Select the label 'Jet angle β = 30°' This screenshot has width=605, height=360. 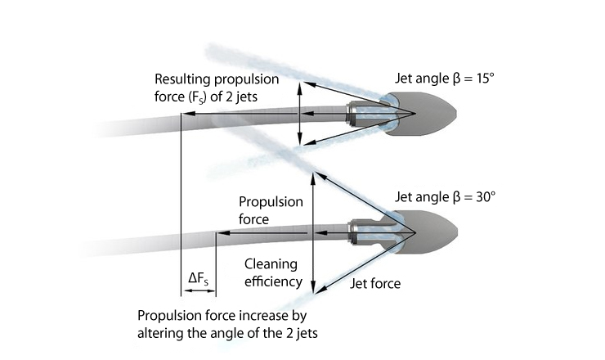click(x=446, y=197)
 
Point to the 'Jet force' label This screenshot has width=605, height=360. click(x=374, y=284)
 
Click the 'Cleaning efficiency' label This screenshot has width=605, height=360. click(x=273, y=272)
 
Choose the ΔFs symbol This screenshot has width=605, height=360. click(x=198, y=279)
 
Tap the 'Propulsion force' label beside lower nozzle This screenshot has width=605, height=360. click(x=270, y=210)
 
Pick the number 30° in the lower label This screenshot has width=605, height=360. click(x=486, y=197)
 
